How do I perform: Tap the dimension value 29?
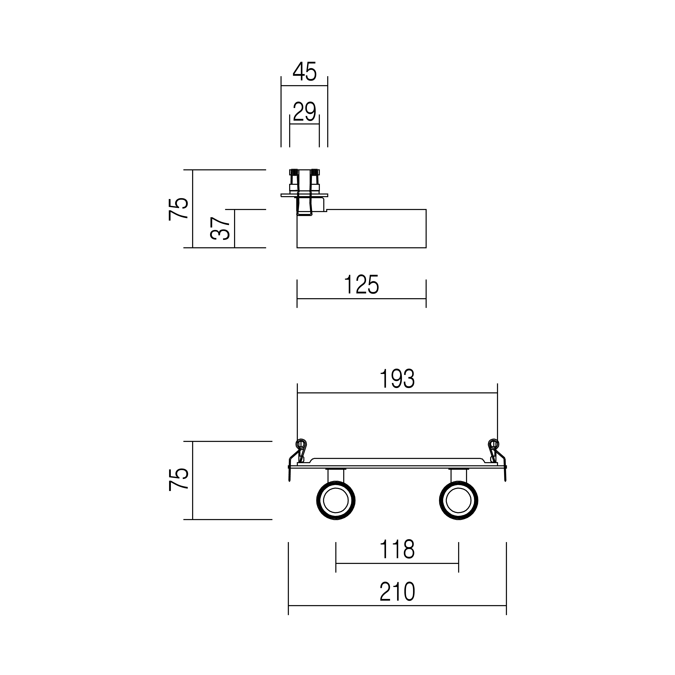pos(304,112)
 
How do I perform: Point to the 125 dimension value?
pos(361,285)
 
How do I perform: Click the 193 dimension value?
pos(397,379)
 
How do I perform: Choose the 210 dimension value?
pos(397,591)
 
